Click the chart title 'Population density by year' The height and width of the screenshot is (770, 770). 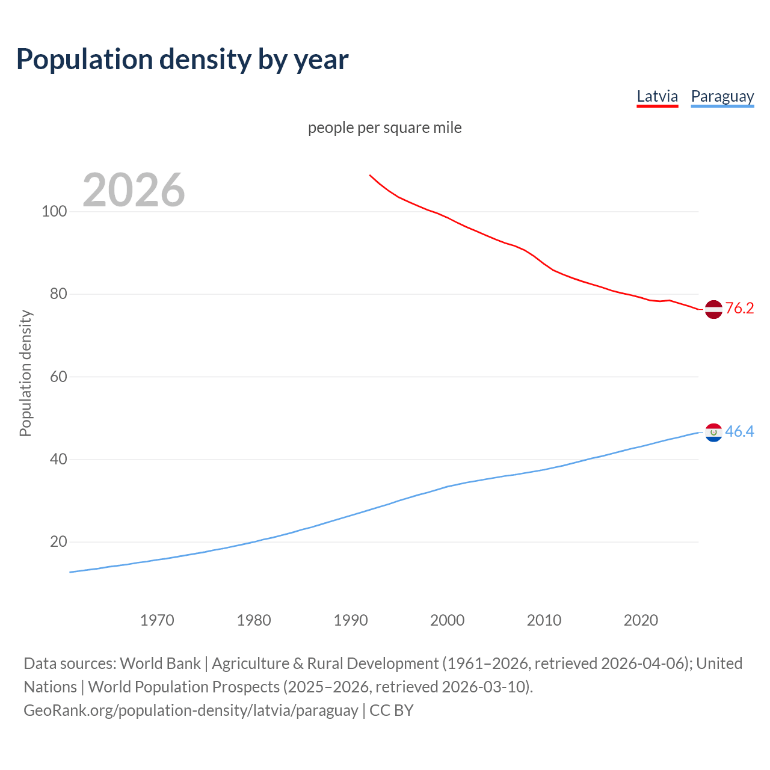[x=182, y=59]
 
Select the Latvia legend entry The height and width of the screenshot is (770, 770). [x=657, y=96]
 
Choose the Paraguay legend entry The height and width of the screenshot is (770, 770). [x=722, y=96]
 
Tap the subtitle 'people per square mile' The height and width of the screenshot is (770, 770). [x=384, y=128]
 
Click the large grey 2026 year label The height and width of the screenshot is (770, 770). [x=134, y=190]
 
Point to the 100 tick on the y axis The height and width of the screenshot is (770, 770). [x=54, y=212]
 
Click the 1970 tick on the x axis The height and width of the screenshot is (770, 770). [x=157, y=620]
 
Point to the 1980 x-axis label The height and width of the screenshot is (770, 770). [x=254, y=620]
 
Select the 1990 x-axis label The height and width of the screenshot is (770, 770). [x=351, y=620]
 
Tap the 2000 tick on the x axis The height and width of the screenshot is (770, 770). [x=447, y=620]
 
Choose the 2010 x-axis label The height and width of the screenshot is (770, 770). [x=544, y=620]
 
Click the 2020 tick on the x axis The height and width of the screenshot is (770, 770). [x=641, y=620]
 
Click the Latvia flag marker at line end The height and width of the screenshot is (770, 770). [x=713, y=309]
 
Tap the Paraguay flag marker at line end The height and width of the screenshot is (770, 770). [x=713, y=433]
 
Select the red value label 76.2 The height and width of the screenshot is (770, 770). [x=739, y=308]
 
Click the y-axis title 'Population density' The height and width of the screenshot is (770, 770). [x=25, y=373]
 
